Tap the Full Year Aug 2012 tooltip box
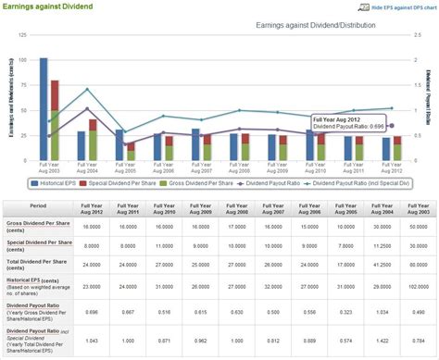[348, 123]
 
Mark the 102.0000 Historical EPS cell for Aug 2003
[417, 285]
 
